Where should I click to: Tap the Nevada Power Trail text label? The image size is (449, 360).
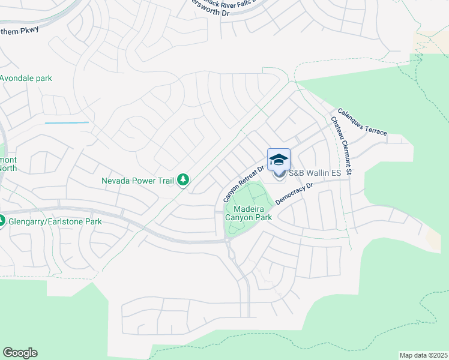[x=137, y=180]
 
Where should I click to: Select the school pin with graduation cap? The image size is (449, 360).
[x=279, y=160]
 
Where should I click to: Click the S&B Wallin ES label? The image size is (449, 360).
[x=315, y=173]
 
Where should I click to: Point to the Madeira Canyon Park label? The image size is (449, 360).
[x=249, y=212]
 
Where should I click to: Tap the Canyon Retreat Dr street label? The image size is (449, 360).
[x=243, y=184]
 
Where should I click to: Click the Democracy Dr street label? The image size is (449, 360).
[x=295, y=194]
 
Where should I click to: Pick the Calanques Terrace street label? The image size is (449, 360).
[x=362, y=122]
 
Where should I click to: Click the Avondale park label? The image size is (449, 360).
[x=26, y=79]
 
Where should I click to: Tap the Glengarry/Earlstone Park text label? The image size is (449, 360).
[x=55, y=221]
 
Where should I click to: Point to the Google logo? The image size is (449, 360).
[x=20, y=353]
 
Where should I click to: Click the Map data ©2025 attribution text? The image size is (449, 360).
[x=423, y=355]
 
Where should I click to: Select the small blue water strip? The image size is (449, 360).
[x=66, y=123]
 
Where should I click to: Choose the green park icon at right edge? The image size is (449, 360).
[x=445, y=230]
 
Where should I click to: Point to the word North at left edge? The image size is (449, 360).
[x=8, y=168]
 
